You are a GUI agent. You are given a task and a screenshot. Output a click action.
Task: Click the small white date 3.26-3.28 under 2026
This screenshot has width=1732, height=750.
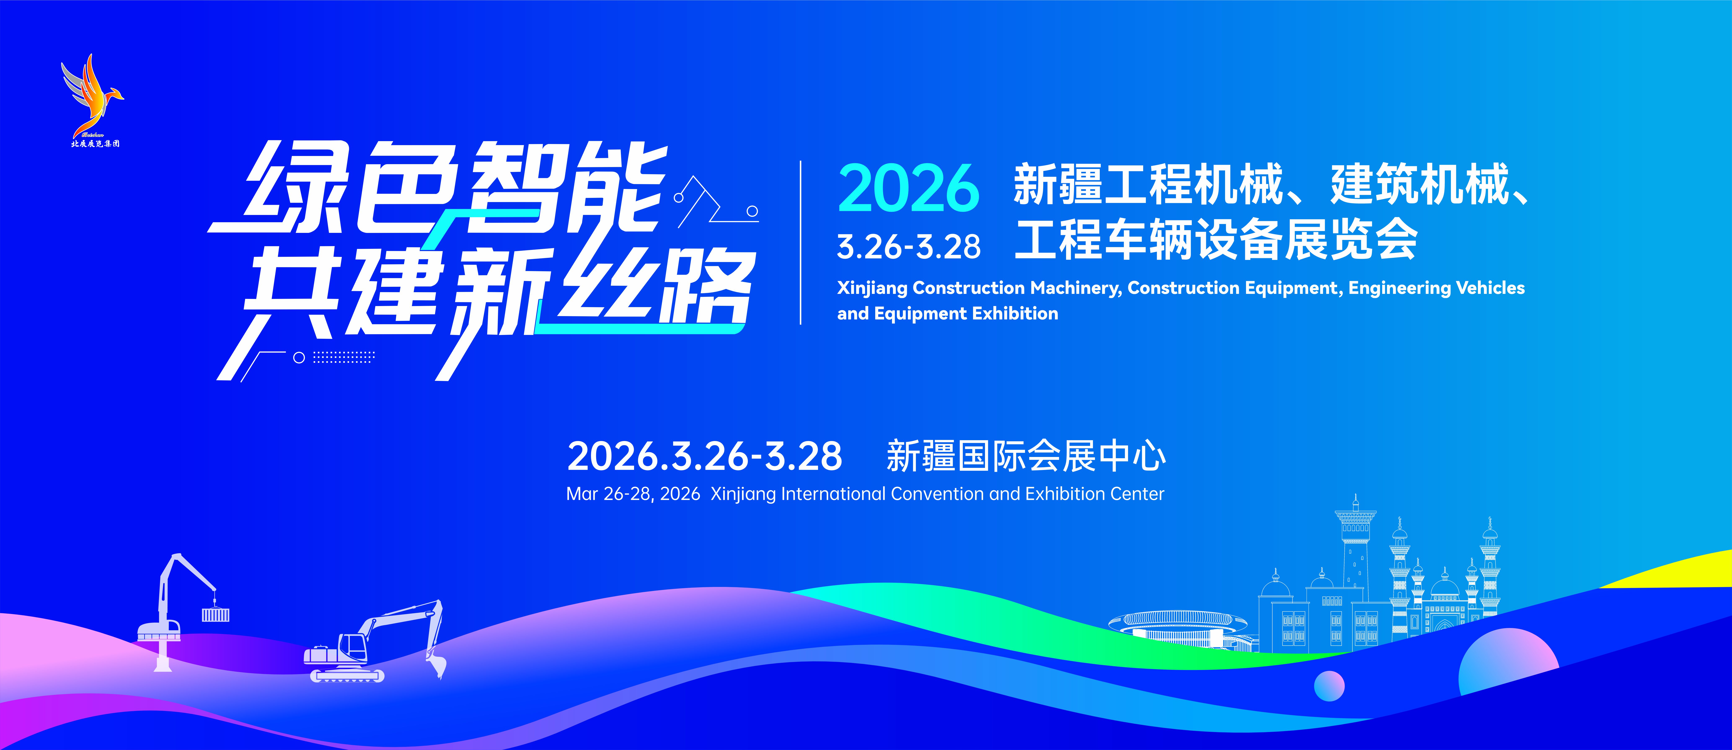pos(908,247)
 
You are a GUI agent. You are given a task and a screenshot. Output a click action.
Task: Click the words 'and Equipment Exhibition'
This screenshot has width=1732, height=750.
pos(947,313)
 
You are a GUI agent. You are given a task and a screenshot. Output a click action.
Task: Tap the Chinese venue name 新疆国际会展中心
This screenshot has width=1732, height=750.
pos(1026,456)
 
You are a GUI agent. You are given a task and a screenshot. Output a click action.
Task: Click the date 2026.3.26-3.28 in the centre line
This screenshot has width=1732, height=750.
pos(705,456)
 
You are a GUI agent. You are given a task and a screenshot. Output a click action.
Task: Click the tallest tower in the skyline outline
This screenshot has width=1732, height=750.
pos(1355,551)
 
